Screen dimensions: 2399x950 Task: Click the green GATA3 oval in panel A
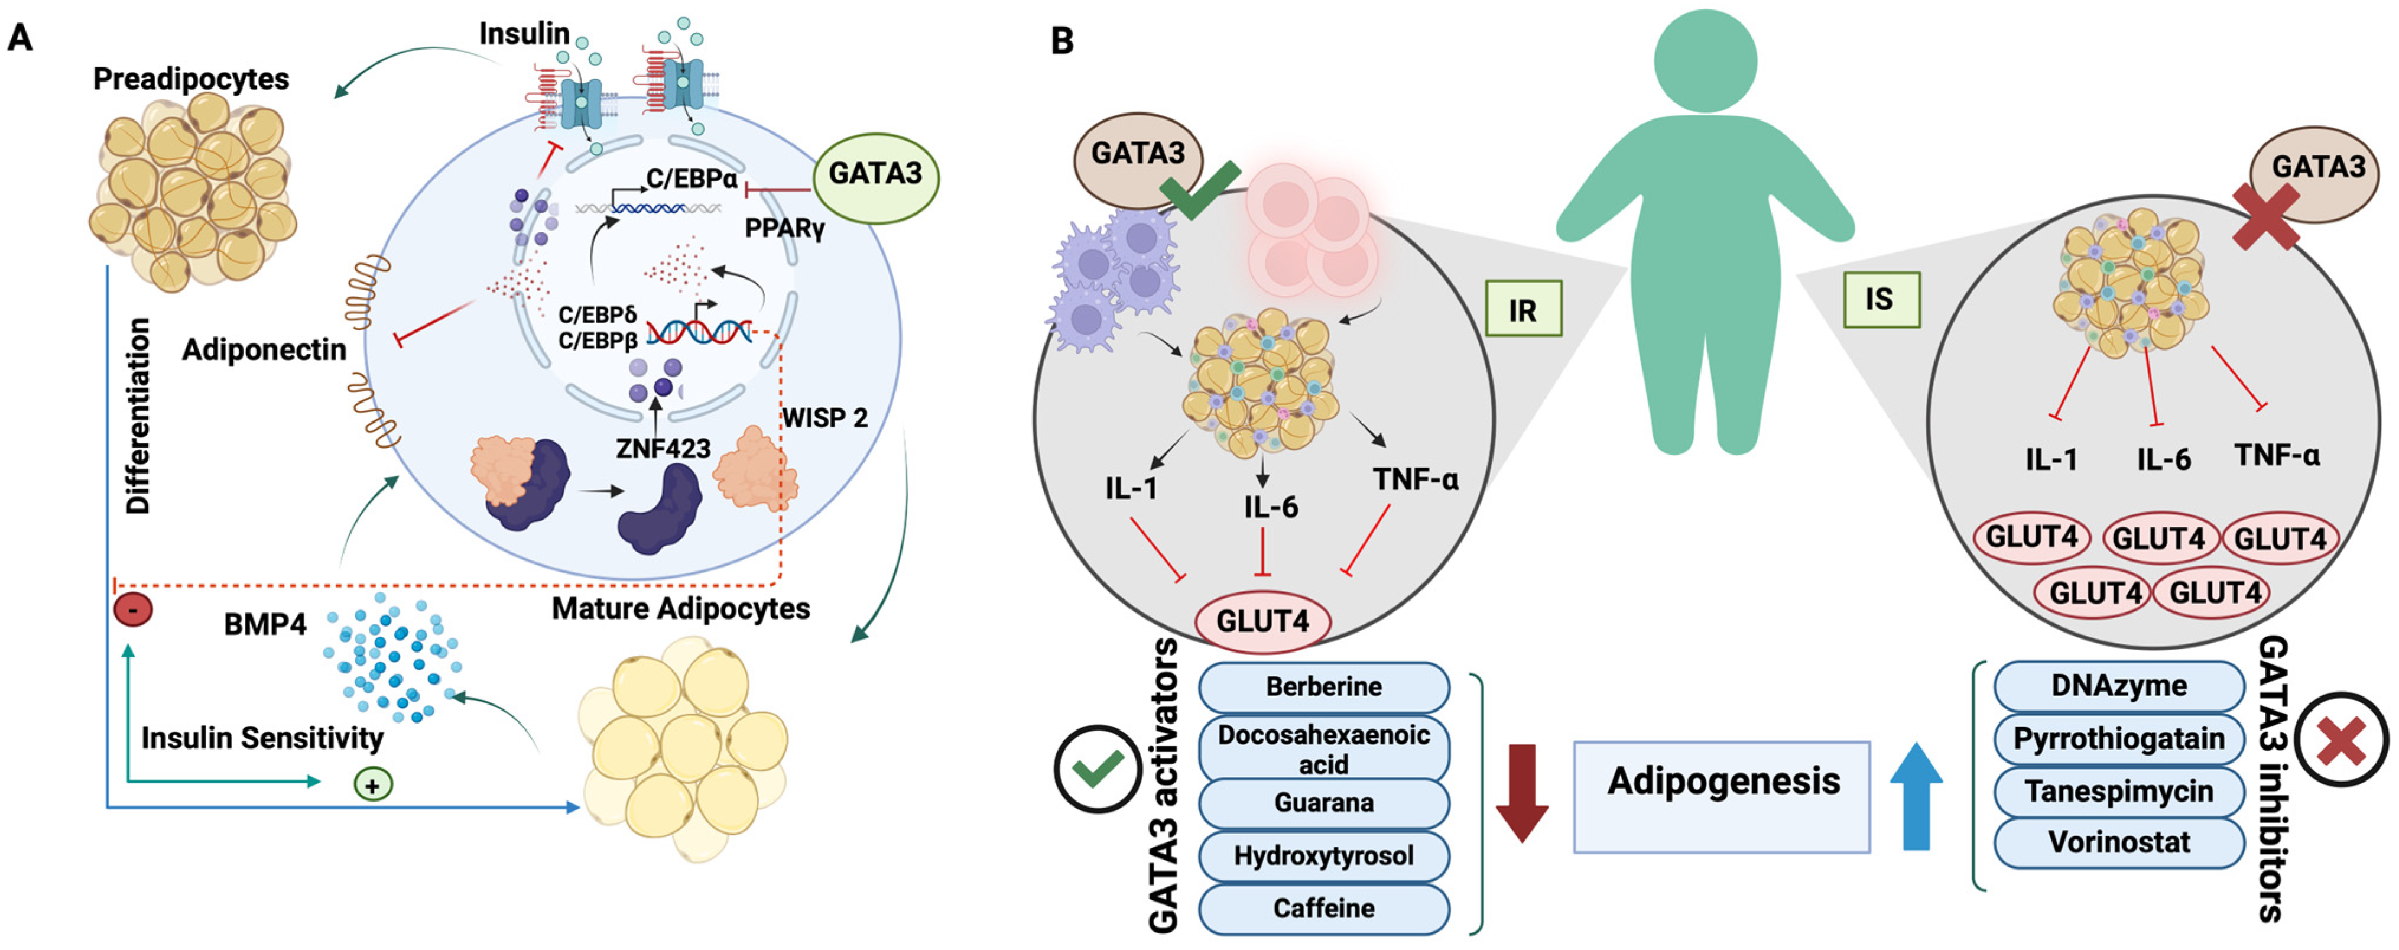[875, 175]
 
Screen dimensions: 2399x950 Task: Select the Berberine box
[1323, 688]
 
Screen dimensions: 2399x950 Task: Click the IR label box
[1524, 308]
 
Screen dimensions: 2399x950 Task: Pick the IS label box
[1881, 300]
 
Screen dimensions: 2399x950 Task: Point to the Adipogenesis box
[1722, 797]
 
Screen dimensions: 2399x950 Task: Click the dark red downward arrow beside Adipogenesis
[1522, 793]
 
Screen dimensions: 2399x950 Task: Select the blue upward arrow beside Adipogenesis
[1916, 796]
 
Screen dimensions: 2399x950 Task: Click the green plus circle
[372, 784]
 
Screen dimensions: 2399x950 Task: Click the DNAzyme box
[2119, 686]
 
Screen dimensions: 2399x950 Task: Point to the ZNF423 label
[663, 449]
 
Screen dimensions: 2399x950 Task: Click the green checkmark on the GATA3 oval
[1200, 189]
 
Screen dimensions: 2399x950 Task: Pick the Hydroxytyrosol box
[1323, 856]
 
